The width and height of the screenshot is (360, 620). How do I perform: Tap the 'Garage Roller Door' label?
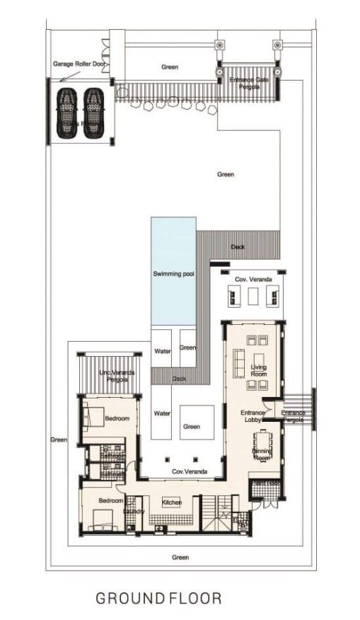(x=79, y=63)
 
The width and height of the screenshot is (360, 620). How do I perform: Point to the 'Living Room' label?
(x=258, y=369)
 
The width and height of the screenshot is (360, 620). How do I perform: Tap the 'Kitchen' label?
(x=172, y=502)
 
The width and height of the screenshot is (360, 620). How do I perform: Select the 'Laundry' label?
(x=134, y=510)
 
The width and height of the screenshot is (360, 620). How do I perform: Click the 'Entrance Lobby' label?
(x=252, y=415)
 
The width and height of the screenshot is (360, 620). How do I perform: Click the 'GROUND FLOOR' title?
(x=158, y=599)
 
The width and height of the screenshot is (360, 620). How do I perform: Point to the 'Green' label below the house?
(x=180, y=558)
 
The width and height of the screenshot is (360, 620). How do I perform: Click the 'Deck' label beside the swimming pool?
(x=238, y=247)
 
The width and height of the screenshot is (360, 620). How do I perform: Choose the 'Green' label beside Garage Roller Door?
(x=170, y=67)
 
